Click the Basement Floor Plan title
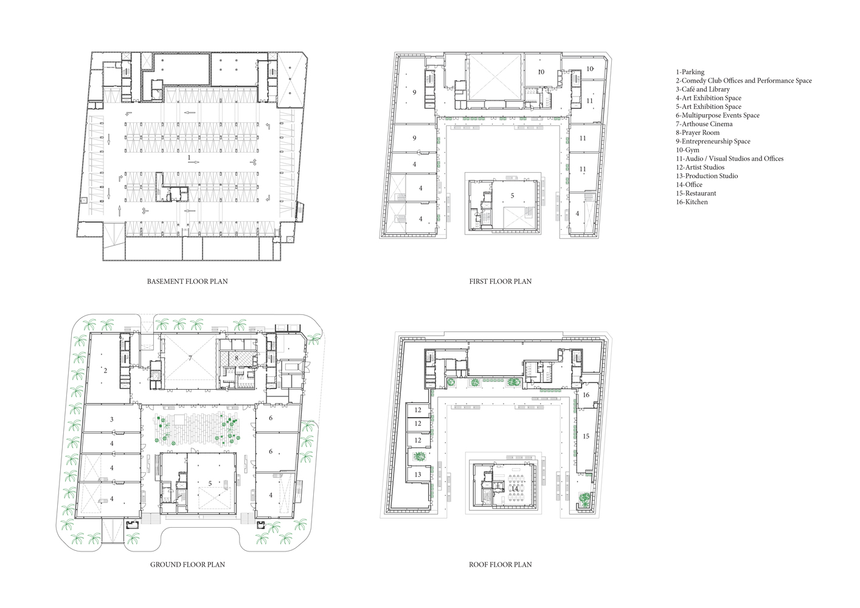pyautogui.click(x=187, y=282)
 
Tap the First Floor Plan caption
pyautogui.click(x=501, y=282)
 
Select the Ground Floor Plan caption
pyautogui.click(x=187, y=565)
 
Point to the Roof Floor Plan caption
pyautogui.click(x=501, y=565)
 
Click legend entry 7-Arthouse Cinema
pyautogui.click(x=704, y=124)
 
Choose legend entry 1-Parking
pyautogui.click(x=690, y=72)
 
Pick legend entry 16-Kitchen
pyautogui.click(x=692, y=202)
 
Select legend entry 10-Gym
pyautogui.click(x=688, y=150)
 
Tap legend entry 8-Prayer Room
pyautogui.click(x=698, y=133)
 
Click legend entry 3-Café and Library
pyautogui.click(x=703, y=89)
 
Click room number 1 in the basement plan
pyautogui.click(x=189, y=157)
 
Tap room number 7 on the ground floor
pyautogui.click(x=190, y=358)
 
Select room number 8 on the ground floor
pyautogui.click(x=237, y=358)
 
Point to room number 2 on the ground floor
pyautogui.click(x=105, y=370)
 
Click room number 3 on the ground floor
pyautogui.click(x=112, y=419)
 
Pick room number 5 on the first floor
pyautogui.click(x=512, y=196)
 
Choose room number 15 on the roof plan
pyautogui.click(x=586, y=436)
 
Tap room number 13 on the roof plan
pyautogui.click(x=418, y=474)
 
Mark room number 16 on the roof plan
pyautogui.click(x=586, y=395)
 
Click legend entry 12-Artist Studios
pyautogui.click(x=700, y=167)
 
